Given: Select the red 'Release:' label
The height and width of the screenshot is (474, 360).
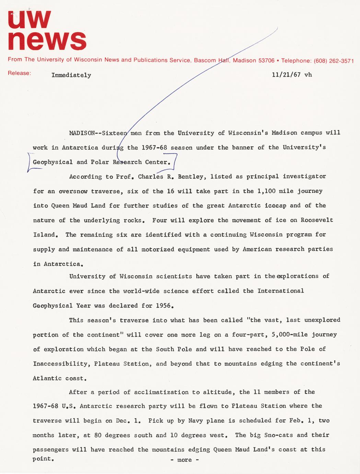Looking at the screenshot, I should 20,73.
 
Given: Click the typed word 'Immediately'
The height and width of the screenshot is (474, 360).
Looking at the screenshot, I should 71,75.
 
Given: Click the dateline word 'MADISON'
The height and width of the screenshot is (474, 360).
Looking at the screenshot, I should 80,133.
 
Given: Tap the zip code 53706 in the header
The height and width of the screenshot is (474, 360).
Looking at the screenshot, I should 266,60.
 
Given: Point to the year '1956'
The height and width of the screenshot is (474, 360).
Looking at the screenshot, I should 163,305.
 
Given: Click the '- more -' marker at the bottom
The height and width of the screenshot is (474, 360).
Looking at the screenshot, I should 185,460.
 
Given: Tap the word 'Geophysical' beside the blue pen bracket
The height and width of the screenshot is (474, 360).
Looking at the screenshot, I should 53,162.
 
